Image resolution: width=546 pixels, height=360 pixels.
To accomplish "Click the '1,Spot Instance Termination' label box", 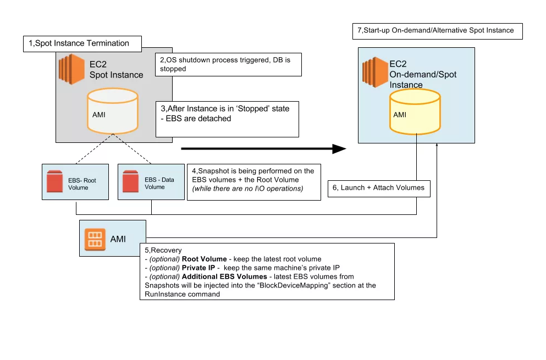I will click(82, 43).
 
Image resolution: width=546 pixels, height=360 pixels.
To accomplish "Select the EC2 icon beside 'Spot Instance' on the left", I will click(71, 70).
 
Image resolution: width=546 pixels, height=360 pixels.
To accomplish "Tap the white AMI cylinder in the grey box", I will click(113, 113).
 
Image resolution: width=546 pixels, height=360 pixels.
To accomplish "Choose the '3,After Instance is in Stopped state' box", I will click(227, 119).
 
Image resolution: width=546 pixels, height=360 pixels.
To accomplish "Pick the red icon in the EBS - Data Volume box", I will click(130, 181).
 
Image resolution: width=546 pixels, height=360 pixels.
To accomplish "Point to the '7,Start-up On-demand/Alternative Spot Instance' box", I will click(437, 30).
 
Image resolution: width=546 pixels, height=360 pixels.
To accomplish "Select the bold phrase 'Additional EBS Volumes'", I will click(222, 276).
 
